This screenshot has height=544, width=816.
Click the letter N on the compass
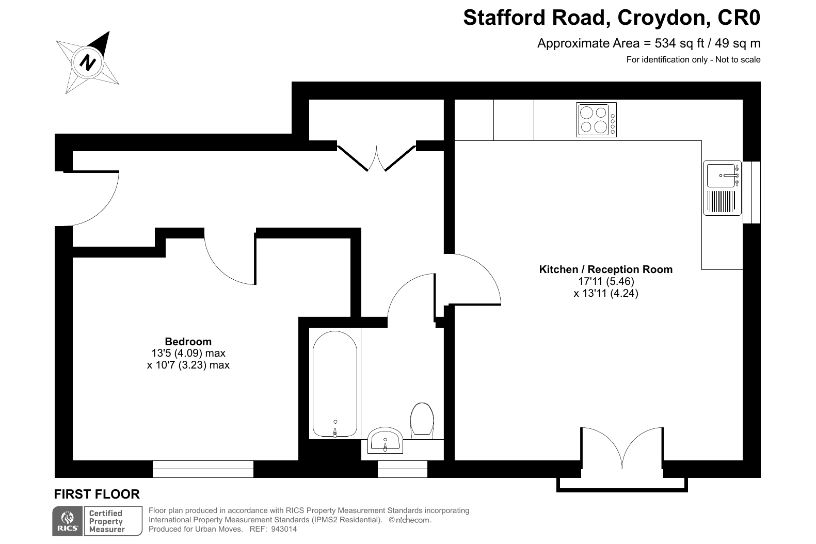tap(87, 62)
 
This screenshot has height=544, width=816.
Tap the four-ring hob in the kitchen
tap(596, 120)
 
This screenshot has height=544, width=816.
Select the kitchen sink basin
tap(721, 175)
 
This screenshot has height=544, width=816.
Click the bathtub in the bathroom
tap(335, 383)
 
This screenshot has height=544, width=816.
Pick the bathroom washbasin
tap(385, 441)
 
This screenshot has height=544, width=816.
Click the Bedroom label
tap(188, 341)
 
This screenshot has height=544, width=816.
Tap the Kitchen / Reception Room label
tap(605, 269)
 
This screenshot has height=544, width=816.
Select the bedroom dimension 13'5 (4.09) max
tap(188, 353)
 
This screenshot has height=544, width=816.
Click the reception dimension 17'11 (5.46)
tap(606, 281)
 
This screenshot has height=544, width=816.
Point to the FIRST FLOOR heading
tap(97, 494)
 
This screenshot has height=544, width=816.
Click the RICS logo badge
tap(68, 521)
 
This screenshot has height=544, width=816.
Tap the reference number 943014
tap(284, 529)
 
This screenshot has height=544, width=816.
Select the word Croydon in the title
tap(664, 18)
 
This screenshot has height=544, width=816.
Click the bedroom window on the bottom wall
tap(203, 469)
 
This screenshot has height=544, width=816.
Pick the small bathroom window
tap(402, 469)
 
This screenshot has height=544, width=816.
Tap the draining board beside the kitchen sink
tap(721, 201)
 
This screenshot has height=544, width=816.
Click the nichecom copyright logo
tap(410, 520)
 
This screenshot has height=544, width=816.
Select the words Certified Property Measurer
tap(107, 521)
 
